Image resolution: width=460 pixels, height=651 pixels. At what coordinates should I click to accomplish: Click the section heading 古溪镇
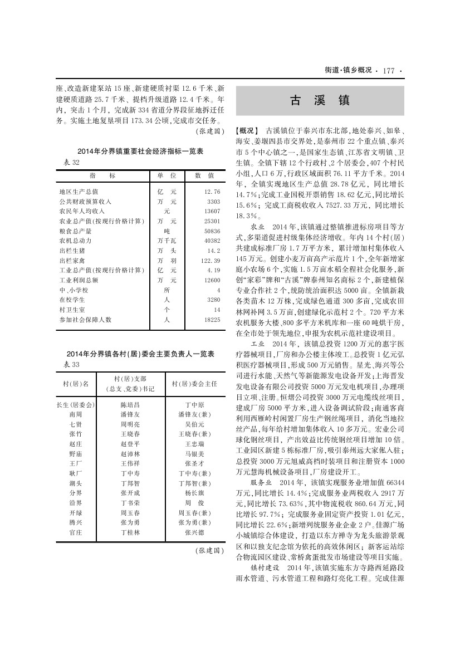coord(319,101)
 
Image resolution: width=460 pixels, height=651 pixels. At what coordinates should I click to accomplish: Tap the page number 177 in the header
coord(388,71)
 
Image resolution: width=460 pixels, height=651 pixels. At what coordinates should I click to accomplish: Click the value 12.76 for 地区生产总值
coord(213,191)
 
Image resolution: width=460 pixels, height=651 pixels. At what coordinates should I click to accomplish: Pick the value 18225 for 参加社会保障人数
coord(212,320)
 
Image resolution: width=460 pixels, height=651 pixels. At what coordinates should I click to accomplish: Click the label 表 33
coord(69,364)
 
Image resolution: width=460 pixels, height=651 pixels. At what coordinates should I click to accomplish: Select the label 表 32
coord(69,162)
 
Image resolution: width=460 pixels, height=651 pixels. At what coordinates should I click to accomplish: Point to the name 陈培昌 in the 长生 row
coord(130,404)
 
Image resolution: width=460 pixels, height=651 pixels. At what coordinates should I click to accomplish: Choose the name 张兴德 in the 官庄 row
coord(194,532)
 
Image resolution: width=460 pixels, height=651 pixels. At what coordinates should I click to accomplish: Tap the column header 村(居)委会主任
coord(194,384)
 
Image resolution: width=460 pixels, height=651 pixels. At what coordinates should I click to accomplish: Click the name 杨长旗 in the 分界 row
coord(194,492)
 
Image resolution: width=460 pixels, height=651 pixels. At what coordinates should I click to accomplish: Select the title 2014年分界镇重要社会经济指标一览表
coord(140,151)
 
